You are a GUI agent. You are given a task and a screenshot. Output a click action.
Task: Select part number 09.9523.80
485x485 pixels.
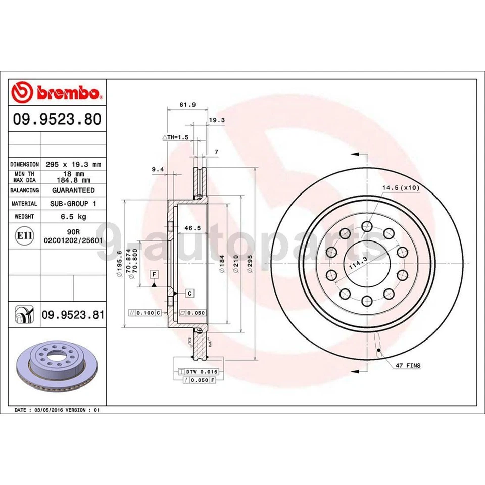(57, 119)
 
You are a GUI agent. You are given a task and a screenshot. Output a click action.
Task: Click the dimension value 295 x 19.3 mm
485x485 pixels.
(73, 164)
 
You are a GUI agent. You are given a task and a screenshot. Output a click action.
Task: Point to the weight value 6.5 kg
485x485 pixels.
(73, 216)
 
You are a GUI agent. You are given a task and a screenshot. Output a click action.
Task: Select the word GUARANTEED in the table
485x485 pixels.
(73, 190)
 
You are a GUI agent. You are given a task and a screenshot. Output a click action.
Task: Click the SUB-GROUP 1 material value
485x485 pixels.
(73, 203)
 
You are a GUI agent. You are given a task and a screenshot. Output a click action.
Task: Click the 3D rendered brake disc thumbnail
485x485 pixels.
(57, 366)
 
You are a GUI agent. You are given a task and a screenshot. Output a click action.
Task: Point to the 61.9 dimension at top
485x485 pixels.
(187, 105)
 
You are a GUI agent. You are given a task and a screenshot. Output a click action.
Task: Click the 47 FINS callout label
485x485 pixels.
(408, 365)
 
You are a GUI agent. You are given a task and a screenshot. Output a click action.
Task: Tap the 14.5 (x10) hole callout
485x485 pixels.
(401, 188)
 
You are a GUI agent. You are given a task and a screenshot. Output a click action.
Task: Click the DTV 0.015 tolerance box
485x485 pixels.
(196, 372)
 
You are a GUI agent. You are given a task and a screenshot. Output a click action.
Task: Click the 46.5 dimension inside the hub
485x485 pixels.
(189, 228)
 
